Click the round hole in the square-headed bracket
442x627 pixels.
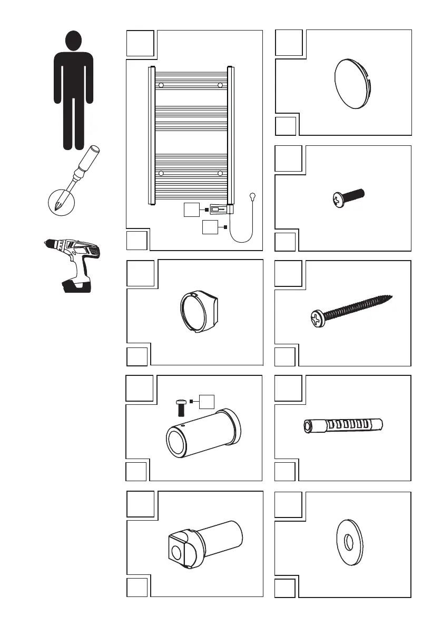click(x=175, y=553)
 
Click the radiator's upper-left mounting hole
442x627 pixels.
click(x=161, y=85)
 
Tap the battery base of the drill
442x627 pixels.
click(x=77, y=285)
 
